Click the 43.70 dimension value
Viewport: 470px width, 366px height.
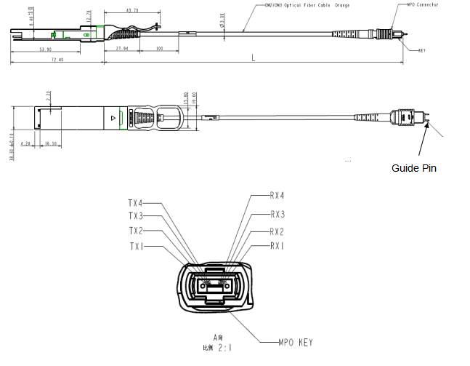pos(133,11)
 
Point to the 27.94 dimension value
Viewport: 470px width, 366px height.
pos(122,48)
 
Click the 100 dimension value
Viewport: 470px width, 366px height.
pos(159,48)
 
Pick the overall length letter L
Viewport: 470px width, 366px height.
pos(251,57)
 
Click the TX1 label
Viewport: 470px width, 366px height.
pos(137,246)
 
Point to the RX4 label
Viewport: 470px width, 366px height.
pos(277,196)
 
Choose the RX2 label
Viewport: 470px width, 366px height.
pos(277,231)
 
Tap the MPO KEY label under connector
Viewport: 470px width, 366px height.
pos(296,342)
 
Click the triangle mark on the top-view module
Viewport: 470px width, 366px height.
pos(112,116)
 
